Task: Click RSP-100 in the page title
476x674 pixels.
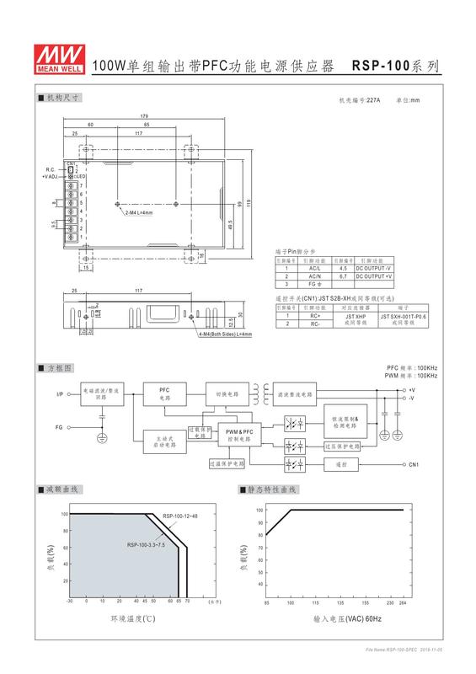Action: pyautogui.click(x=380, y=64)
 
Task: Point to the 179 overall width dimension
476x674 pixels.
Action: pyautogui.click(x=145, y=115)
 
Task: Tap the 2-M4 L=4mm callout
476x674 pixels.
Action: pyautogui.click(x=139, y=212)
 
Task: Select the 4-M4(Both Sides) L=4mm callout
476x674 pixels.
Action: pyautogui.click(x=227, y=335)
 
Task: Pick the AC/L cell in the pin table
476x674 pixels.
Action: pyautogui.click(x=314, y=268)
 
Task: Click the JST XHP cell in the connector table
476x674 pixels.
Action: pyautogui.click(x=354, y=315)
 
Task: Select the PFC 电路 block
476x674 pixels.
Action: pyautogui.click(x=165, y=393)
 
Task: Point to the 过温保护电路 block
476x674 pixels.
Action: pyautogui.click(x=227, y=463)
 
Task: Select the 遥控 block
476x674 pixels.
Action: pyautogui.click(x=341, y=464)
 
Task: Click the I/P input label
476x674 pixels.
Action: pyautogui.click(x=60, y=393)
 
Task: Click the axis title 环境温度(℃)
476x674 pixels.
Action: pyautogui.click(x=131, y=618)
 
